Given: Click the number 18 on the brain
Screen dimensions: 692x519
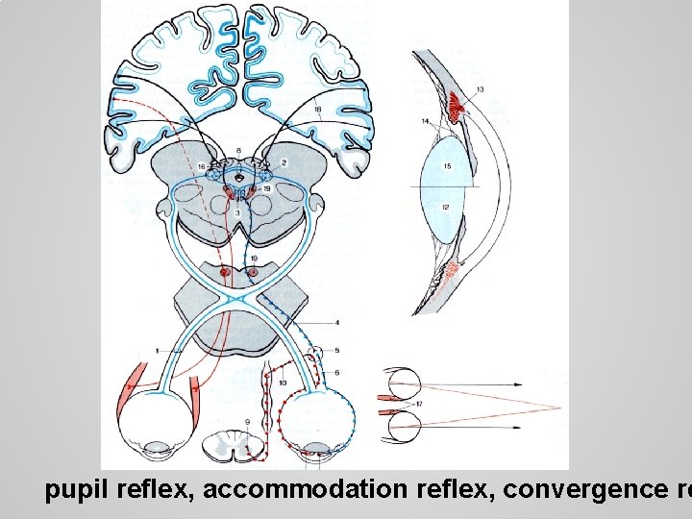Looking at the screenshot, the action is coord(317,110).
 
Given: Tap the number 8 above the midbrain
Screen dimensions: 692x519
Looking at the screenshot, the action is coord(238,151).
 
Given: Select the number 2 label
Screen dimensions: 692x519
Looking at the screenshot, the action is coord(284,162).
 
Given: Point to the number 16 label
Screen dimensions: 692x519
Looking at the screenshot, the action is coord(202,167).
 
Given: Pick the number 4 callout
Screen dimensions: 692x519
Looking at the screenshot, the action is coord(336,322).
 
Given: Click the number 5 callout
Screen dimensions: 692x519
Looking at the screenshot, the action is coord(336,350).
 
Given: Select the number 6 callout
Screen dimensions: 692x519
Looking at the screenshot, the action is coord(336,372).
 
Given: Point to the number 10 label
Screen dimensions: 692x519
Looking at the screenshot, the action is coord(282,383).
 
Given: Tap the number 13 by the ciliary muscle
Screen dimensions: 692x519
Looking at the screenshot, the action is coord(480,89).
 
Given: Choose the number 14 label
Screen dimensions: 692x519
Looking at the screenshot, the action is coord(425,121).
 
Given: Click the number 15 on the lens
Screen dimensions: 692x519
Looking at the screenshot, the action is coord(447,166).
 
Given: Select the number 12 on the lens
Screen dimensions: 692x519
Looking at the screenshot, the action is coord(445,208).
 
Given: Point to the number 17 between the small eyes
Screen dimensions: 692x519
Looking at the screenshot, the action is coord(420,405).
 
